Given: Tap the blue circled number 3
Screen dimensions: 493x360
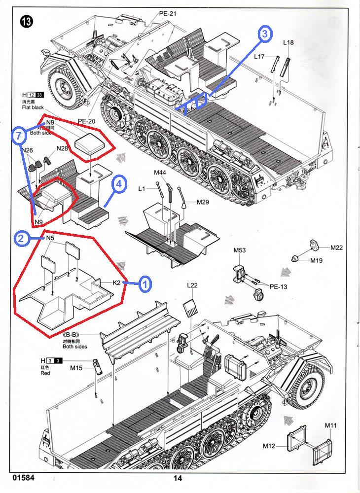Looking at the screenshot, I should (x=265, y=34).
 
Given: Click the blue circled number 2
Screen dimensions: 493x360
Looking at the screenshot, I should (x=21, y=239).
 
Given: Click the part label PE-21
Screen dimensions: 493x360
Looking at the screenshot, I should (x=168, y=14).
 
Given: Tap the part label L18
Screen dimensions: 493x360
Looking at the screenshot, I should (x=288, y=43).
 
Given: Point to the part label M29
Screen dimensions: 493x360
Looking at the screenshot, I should (x=203, y=202).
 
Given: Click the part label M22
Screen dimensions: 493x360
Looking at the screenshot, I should (x=337, y=247).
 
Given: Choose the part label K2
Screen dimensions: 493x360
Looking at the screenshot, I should (x=117, y=283).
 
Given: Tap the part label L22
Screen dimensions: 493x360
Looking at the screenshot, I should (x=192, y=286).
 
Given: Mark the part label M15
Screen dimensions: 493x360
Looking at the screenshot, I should (x=76, y=368).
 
